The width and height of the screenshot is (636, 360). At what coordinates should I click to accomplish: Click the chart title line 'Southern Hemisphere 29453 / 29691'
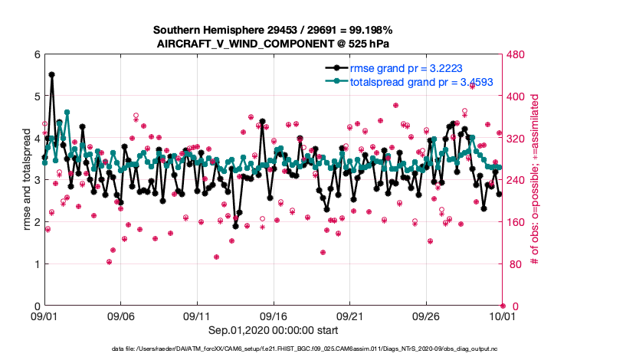273,30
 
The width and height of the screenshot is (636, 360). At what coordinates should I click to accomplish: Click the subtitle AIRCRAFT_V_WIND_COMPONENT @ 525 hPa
273,43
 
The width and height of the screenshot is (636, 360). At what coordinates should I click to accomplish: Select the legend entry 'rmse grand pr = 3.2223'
405,67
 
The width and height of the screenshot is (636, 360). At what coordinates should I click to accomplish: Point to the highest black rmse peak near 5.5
51,74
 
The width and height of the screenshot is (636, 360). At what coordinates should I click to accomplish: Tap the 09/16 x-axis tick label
274,316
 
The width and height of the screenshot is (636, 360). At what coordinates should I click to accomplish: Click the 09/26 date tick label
426,316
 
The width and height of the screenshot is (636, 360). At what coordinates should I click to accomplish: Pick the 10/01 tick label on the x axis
502,316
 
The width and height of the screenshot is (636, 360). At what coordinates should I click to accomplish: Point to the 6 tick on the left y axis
36,54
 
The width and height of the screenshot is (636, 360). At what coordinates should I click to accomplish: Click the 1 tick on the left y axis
36,264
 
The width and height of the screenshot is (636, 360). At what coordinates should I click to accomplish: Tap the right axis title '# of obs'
535,180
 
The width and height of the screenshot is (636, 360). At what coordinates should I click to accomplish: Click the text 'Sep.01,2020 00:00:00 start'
273,329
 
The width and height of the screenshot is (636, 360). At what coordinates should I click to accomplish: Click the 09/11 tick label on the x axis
197,316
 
